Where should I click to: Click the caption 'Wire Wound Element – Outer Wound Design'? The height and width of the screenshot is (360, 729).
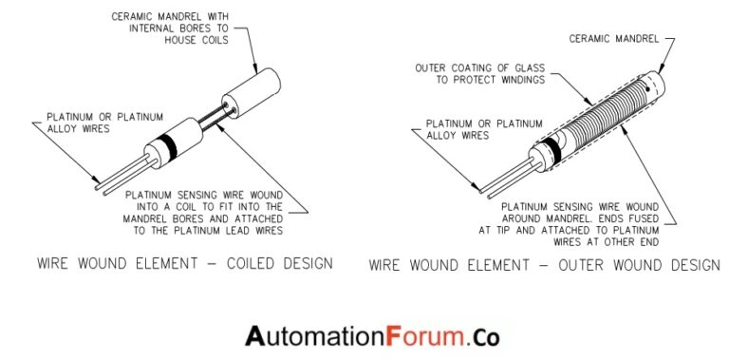pyautogui.click(x=544, y=265)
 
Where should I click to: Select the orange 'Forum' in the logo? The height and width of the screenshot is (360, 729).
pyautogui.click(x=424, y=335)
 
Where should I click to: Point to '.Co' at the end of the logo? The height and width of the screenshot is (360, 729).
pyautogui.click(x=483, y=335)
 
